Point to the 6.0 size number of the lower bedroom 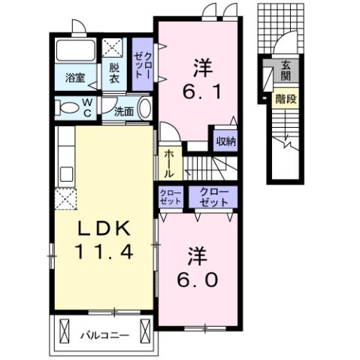[198, 279]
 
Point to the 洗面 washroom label [124, 111]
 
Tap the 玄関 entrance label [286, 71]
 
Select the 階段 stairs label [285, 97]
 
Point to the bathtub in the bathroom [75, 52]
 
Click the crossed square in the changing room [114, 49]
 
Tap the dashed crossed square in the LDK [64, 199]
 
